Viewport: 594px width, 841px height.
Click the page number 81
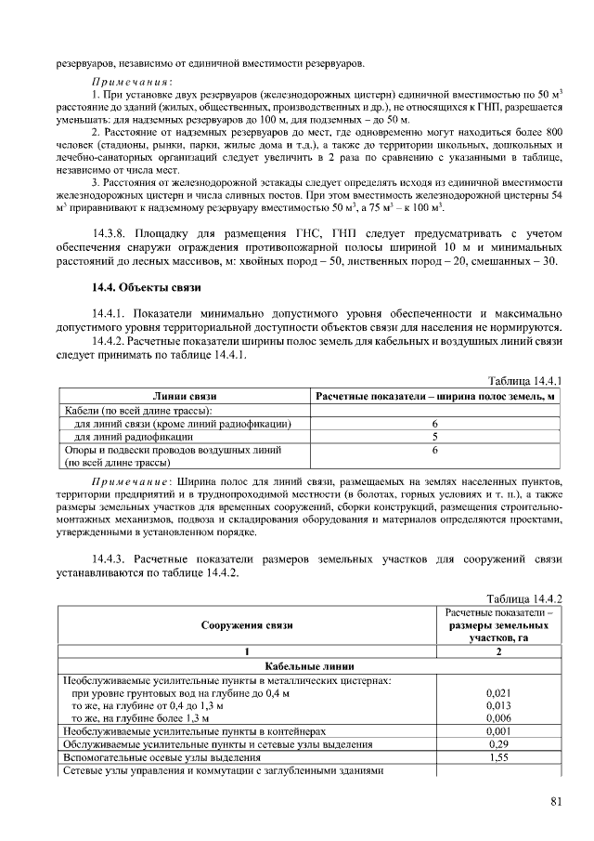556,802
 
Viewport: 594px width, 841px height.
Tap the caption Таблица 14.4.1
526,381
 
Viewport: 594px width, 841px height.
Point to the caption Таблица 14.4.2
526,598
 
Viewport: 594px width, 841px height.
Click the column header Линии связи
185,396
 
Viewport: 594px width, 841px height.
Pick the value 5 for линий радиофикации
434,436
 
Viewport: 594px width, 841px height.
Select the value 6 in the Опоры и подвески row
434,450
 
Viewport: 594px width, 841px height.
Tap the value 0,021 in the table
498,693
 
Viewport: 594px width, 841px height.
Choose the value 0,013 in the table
498,705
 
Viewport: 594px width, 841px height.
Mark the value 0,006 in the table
498,718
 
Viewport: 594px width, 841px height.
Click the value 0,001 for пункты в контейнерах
498,731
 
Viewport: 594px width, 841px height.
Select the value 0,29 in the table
498,744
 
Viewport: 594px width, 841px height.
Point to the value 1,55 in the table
498,757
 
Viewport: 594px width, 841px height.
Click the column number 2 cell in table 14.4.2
498,652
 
